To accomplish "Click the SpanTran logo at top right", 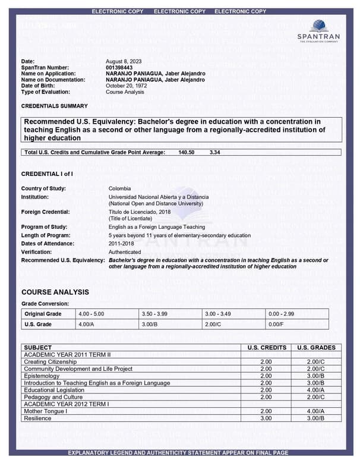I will [x=318, y=30].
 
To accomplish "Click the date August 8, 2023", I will [x=124, y=62].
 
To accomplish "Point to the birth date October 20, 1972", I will [x=126, y=86].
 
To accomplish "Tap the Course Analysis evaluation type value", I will [x=125, y=92].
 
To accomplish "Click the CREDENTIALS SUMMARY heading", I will [x=54, y=106].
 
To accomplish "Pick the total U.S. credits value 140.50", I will [x=187, y=153].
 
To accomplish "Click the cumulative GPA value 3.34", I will [x=215, y=153].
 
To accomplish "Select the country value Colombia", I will [x=119, y=188].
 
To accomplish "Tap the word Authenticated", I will [x=125, y=252].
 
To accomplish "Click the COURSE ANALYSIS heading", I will [x=55, y=292].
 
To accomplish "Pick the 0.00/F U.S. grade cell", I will [x=276, y=325].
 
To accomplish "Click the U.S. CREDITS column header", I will [x=266, y=348].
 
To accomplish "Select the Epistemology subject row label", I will [x=42, y=376].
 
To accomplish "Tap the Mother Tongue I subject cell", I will [x=45, y=411].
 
